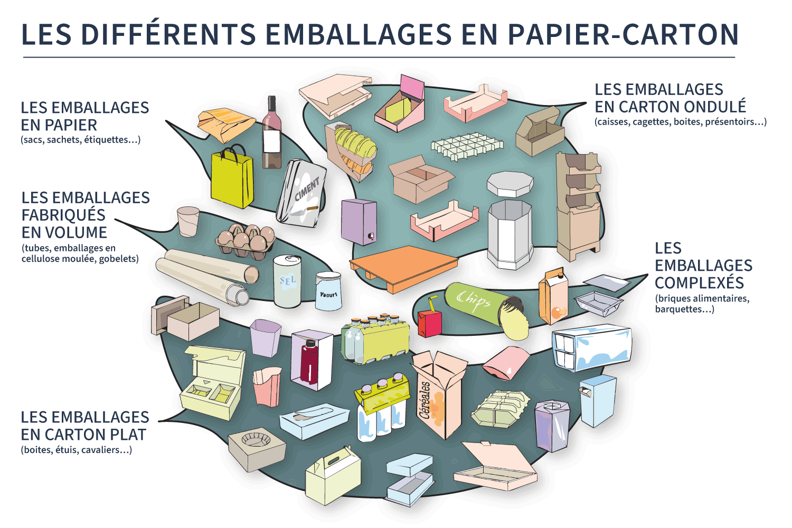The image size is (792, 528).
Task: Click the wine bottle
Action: pyautogui.click(x=272, y=135)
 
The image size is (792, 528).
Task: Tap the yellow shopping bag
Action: pyautogui.click(x=232, y=180)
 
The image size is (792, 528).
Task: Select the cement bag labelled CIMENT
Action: pyautogui.click(x=303, y=193)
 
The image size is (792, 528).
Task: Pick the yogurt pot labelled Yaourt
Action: pyautogui.click(x=328, y=291)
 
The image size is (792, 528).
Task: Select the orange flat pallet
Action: pyautogui.click(x=404, y=267)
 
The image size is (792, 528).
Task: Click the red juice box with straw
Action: pyautogui.click(x=429, y=322)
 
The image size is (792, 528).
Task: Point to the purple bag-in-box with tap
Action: pyautogui.click(x=359, y=222)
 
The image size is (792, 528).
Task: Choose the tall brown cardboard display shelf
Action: pyautogui.click(x=578, y=206)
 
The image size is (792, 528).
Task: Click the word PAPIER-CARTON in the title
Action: pyautogui.click(x=623, y=34)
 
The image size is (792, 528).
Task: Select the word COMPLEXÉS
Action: pyautogui.click(x=699, y=282)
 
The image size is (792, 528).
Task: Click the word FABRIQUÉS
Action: pyautogui.click(x=63, y=215)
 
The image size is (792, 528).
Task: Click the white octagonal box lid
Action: pyautogui.click(x=510, y=183)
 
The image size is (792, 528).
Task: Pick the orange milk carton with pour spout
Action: pyautogui.click(x=553, y=296)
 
